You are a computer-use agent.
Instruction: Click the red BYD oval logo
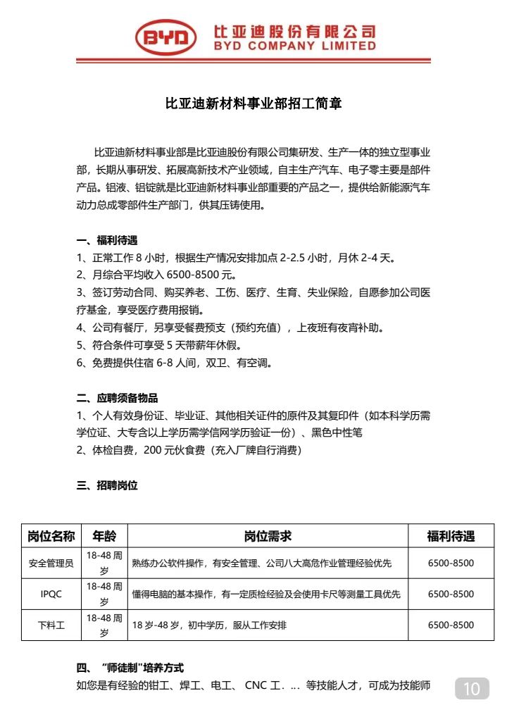[166, 38]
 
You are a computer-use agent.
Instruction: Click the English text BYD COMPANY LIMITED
[295, 46]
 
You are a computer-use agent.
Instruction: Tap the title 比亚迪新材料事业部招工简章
[254, 104]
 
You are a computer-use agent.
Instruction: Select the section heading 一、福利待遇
[107, 240]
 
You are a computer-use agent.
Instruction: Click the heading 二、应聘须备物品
[117, 397]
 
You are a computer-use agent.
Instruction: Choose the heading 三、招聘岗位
[107, 485]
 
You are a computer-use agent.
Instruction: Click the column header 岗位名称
[51, 537]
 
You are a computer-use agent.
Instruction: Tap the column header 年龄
[104, 537]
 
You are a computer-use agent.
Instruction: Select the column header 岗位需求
[268, 537]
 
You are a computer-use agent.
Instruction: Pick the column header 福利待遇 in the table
[451, 537]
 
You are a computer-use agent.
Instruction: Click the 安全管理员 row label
[51, 563]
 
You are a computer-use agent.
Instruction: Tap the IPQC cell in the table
[51, 594]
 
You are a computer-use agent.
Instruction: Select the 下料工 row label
[51, 625]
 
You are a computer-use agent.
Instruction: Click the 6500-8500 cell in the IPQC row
[451, 594]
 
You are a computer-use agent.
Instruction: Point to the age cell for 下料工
[104, 625]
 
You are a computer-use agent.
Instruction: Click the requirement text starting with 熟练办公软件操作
[261, 563]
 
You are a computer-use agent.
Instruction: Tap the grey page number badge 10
[472, 688]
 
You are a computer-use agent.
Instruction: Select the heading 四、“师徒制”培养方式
[130, 667]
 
